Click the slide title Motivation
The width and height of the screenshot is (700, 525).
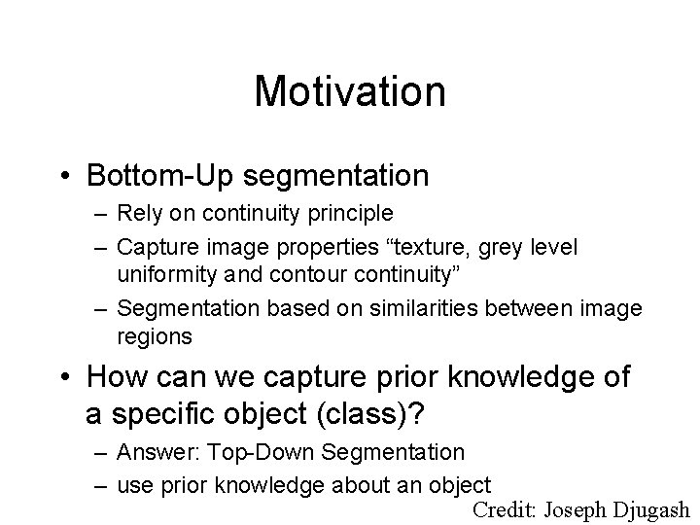pos(350,92)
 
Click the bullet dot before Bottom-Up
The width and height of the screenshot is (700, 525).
pos(66,176)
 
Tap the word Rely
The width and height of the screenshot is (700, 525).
pos(137,212)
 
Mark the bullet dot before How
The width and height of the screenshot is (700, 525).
pos(66,377)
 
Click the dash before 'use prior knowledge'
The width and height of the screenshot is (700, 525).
pos(101,483)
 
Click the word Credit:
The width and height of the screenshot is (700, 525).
pos(505,509)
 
